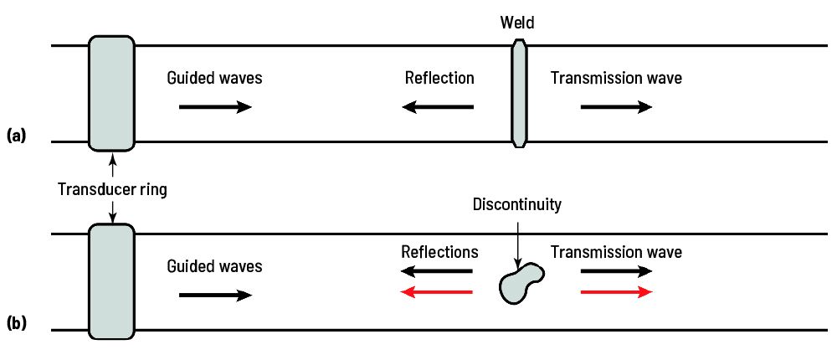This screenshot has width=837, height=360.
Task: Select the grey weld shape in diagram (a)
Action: click(x=519, y=94)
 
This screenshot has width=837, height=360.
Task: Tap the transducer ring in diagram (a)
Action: click(x=111, y=92)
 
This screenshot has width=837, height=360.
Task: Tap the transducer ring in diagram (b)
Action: click(x=111, y=281)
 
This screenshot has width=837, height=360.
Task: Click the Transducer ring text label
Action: click(x=112, y=189)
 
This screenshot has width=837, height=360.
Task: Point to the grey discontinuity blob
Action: click(x=521, y=284)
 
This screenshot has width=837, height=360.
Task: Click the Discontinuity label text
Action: click(x=516, y=204)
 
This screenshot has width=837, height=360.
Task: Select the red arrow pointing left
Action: click(x=437, y=292)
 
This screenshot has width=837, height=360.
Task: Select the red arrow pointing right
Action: click(x=616, y=292)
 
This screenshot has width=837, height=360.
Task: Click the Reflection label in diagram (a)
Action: click(x=439, y=79)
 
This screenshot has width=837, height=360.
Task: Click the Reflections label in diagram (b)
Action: click(x=439, y=252)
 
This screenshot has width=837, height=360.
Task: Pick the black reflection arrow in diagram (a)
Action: click(x=437, y=107)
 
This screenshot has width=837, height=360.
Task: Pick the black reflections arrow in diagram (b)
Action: click(x=437, y=272)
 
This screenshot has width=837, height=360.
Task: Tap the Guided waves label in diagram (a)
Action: click(x=214, y=79)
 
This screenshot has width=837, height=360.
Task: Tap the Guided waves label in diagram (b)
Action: click(x=214, y=267)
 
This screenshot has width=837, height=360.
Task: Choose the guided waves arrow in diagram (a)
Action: click(x=215, y=107)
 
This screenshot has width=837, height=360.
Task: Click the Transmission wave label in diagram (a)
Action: click(x=616, y=79)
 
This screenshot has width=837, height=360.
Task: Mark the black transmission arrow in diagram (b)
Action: click(x=616, y=272)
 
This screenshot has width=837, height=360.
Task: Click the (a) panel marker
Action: click(x=17, y=134)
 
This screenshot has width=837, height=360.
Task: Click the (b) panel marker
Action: click(x=17, y=321)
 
